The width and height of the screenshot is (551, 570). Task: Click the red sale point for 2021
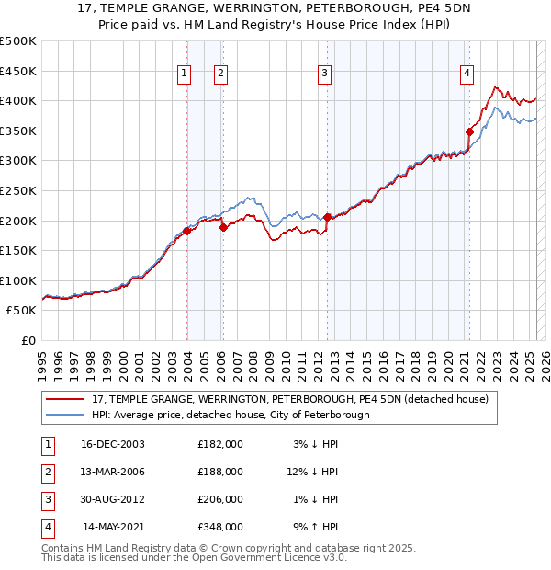(469, 131)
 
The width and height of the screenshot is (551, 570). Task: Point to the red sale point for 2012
(327, 217)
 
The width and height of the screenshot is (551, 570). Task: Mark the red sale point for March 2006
(223, 227)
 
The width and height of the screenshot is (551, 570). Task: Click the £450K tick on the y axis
(18, 71)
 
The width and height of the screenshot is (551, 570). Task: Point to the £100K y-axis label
(18, 280)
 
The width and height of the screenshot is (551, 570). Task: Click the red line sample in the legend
(64, 400)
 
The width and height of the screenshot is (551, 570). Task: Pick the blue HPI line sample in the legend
(64, 415)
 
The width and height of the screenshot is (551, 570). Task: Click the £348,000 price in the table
(220, 528)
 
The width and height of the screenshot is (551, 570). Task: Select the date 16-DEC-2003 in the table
(113, 444)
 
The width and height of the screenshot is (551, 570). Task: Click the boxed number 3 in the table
(46, 499)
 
